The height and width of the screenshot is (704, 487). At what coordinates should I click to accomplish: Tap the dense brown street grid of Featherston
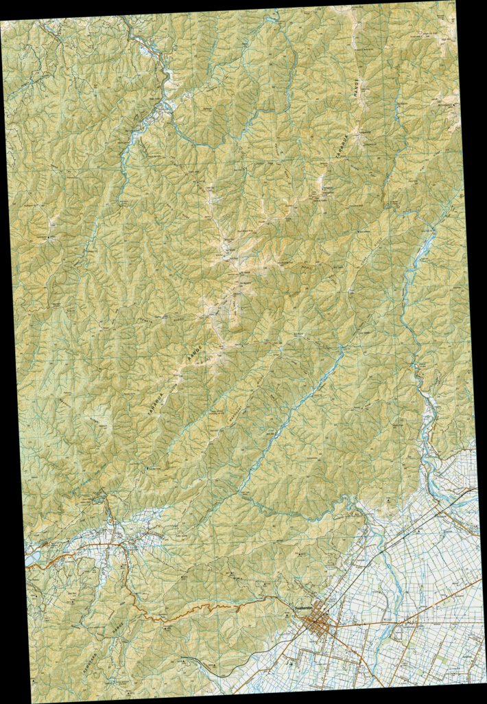click(318, 624)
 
